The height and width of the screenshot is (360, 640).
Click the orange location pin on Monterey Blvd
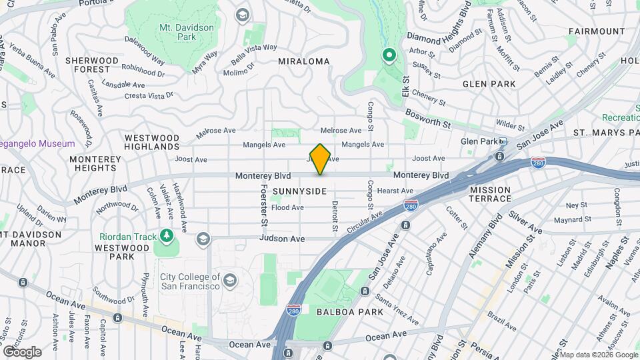tap(321, 159)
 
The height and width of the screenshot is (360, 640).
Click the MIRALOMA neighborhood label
tap(304, 61)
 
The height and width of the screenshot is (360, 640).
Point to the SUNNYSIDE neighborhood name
tap(299, 191)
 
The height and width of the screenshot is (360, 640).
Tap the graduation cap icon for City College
tap(230, 279)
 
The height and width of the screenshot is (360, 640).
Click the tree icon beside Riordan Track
tap(165, 236)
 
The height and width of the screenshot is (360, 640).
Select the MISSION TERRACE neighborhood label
tap(490, 194)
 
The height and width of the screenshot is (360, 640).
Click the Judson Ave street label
tap(282, 239)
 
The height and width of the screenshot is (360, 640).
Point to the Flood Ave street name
tap(287, 207)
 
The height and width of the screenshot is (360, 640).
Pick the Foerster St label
tap(264, 205)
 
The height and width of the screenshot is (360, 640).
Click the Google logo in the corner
tap(22, 351)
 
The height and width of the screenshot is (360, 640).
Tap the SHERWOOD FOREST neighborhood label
tap(92, 65)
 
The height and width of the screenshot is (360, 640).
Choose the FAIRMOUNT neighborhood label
tap(597, 31)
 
